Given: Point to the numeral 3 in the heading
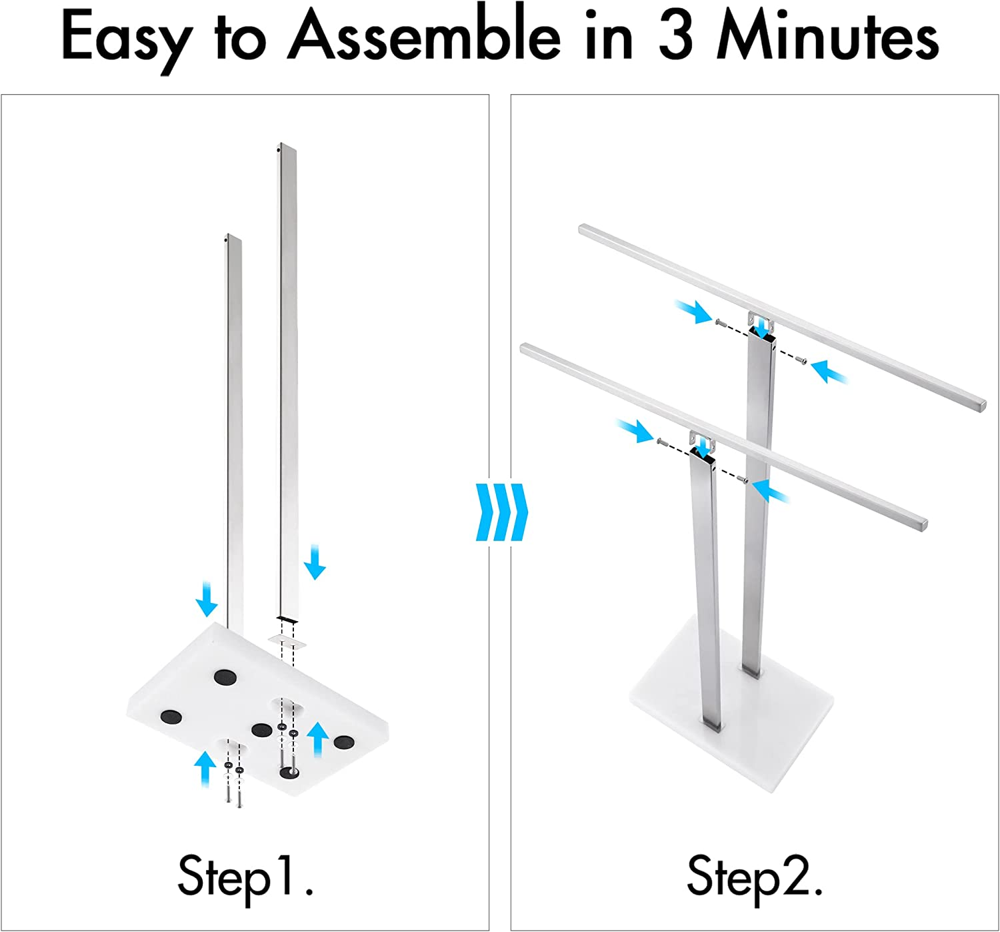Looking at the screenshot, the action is [676, 36].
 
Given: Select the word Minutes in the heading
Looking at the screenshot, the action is [827, 35].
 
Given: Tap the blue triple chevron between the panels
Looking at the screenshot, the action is [501, 512].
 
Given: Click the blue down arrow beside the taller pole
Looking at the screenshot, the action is [315, 562].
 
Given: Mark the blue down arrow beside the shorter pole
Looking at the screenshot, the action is [206, 599].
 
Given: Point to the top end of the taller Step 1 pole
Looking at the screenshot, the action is [287, 145].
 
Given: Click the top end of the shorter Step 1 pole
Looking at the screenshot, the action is [233, 236].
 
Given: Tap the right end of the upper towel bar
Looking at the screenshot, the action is [982, 405].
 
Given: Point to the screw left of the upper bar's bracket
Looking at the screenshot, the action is [719, 321].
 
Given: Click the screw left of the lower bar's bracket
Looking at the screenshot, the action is [661, 442].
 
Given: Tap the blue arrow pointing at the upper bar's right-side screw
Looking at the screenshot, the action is [829, 372].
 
